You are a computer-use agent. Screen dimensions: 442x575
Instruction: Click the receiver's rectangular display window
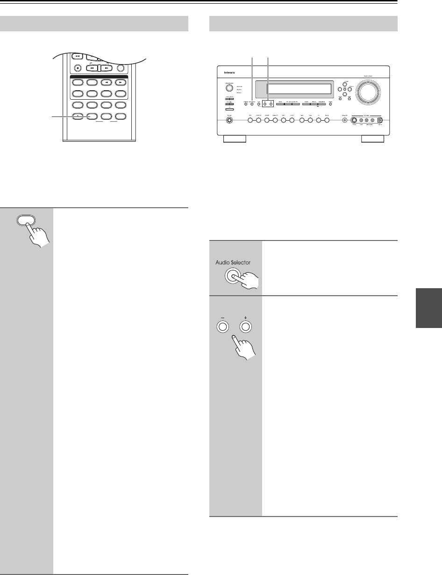tap(299, 88)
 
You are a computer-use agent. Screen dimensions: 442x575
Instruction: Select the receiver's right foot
tap(373, 139)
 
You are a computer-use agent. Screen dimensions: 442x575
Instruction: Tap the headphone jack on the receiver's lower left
tap(230, 120)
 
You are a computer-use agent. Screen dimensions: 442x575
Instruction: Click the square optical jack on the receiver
tap(380, 120)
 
